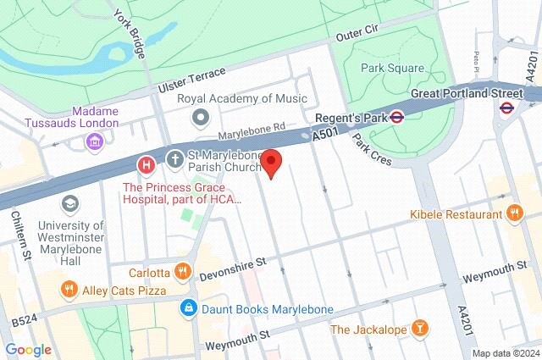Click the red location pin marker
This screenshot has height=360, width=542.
coord(271,163)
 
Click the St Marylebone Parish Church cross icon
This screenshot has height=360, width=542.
coord(175,159)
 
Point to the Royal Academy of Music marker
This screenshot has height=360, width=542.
coord(201,116)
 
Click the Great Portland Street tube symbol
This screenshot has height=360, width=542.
coord(506,108)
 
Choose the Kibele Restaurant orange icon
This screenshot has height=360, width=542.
coord(513,214)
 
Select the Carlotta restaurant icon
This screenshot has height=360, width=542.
coord(182,272)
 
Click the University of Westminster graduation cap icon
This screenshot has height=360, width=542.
coord(69,204)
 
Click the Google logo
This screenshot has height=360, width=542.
coord(28,349)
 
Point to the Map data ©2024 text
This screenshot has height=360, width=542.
coord(505,353)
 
